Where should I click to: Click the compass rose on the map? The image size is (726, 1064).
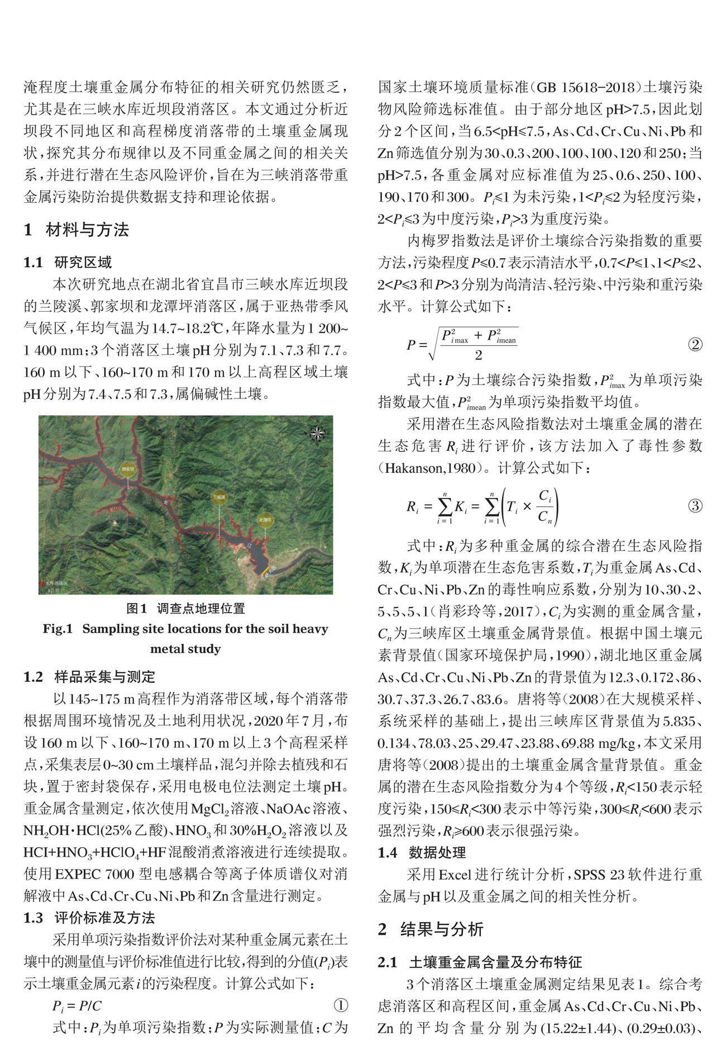317,432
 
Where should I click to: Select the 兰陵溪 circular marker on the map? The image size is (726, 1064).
221,496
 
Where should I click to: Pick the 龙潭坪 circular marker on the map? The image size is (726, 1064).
264,519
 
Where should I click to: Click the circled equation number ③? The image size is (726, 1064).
695,506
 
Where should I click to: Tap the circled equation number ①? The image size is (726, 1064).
341,1006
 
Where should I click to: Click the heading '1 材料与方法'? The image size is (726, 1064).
77,230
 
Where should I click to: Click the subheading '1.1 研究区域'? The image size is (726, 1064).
68,262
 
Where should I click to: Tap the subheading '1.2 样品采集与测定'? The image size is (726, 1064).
89,677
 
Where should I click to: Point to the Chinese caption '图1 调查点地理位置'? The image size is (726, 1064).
185,608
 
